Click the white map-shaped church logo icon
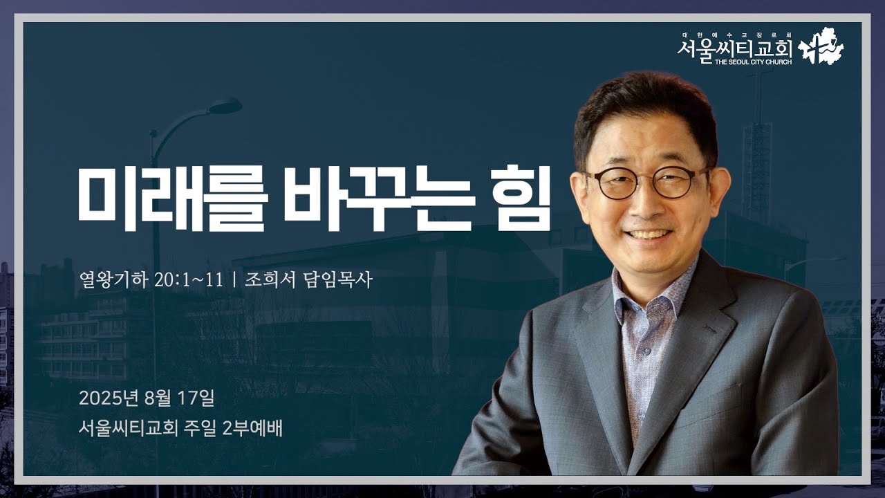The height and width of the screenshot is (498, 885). (x=821, y=47)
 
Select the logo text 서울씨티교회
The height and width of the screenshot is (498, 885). (x=734, y=49)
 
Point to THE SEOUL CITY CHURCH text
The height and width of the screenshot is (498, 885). (x=734, y=62)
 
